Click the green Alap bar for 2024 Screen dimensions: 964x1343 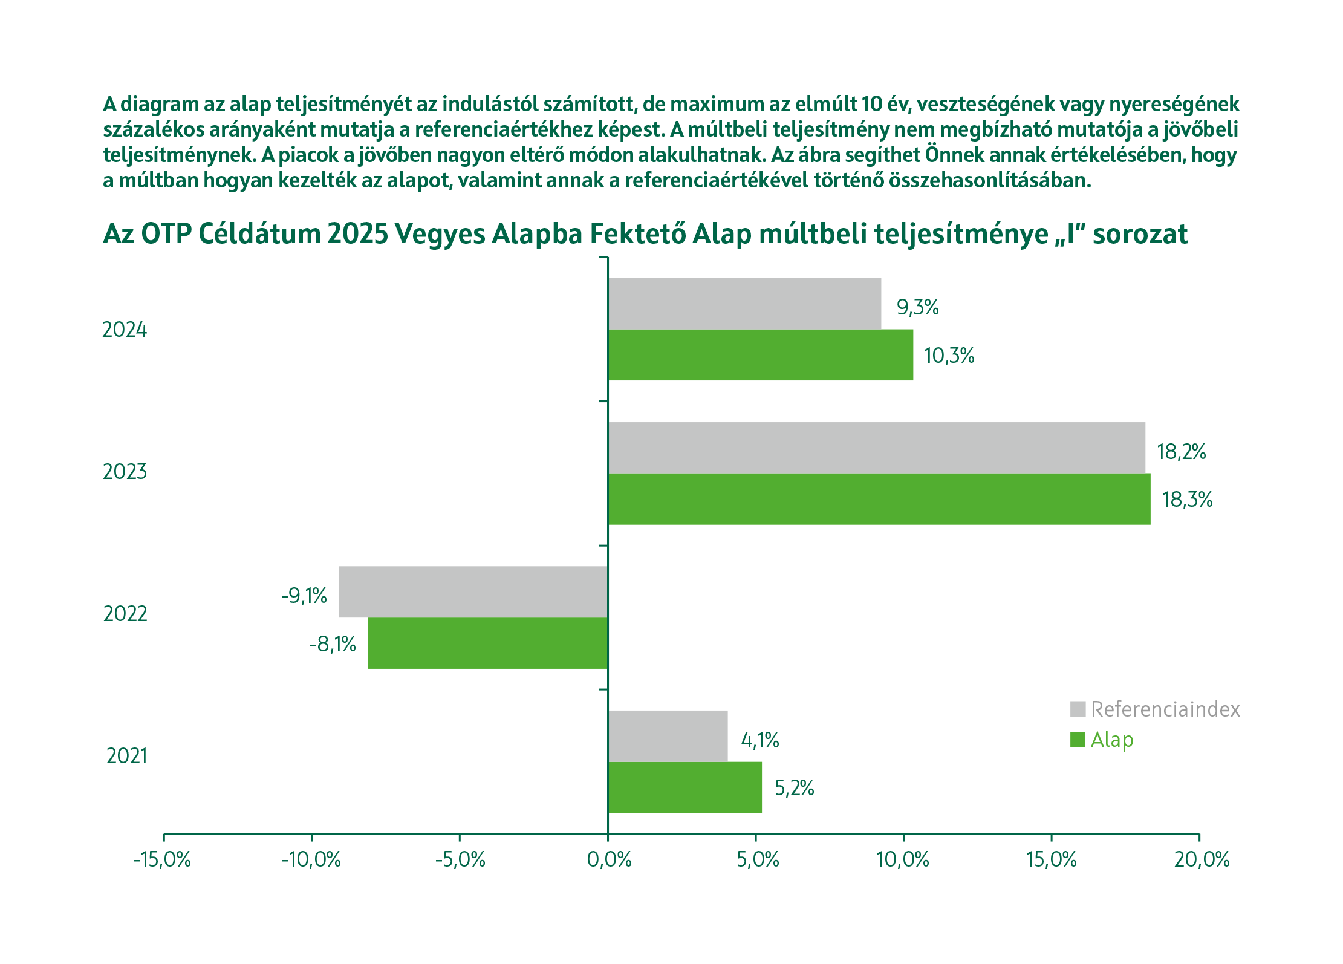tap(760, 355)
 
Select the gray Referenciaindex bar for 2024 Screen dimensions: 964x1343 tap(744, 304)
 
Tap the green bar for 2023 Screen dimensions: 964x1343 tap(879, 499)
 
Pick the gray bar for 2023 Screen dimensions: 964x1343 tap(876, 448)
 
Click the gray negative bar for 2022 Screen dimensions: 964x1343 tap(473, 591)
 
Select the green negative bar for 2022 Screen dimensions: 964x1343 tap(487, 643)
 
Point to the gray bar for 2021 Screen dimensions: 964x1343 tap(668, 736)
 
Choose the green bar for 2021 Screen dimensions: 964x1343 tap(685, 787)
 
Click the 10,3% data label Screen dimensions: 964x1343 tap(949, 356)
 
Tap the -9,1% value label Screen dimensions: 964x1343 tap(304, 596)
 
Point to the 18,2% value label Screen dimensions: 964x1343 tap(1181, 452)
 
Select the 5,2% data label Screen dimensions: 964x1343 tap(794, 788)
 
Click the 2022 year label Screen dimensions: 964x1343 tap(125, 614)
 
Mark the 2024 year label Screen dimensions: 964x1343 tap(125, 330)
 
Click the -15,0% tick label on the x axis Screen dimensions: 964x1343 tap(162, 859)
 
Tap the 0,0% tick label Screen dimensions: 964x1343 tap(608, 859)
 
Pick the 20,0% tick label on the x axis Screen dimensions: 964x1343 tap(1202, 859)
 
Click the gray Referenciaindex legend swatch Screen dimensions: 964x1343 tap(1078, 709)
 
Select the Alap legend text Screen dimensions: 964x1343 tap(1111, 740)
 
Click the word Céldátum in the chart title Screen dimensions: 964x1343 tap(259, 234)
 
